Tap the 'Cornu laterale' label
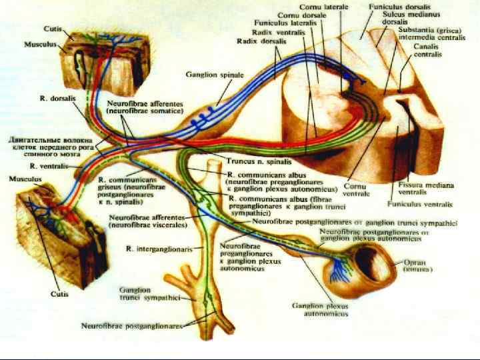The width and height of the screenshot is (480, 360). [x=324, y=5]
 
